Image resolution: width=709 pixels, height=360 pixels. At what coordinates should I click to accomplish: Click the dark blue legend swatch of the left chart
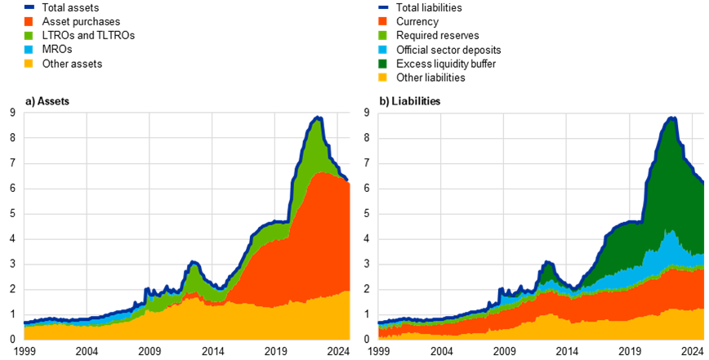tap(29, 7)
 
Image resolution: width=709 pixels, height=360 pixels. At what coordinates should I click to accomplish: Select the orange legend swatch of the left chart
tap(29, 21)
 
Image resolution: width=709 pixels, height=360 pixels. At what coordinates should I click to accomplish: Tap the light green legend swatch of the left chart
tap(29, 35)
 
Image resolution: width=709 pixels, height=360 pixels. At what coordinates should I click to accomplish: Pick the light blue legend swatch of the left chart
tap(29, 49)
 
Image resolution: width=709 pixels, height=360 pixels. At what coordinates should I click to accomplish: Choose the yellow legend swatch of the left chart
tap(29, 63)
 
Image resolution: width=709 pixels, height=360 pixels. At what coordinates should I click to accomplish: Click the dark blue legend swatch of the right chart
tap(383, 7)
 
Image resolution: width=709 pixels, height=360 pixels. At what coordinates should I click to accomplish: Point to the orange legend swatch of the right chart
tap(383, 21)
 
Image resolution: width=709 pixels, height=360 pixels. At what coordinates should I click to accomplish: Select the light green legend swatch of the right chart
tap(383, 35)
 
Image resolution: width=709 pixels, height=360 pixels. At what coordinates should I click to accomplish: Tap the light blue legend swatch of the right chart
tap(383, 49)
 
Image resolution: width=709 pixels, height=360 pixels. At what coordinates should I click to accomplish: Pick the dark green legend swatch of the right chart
tap(383, 63)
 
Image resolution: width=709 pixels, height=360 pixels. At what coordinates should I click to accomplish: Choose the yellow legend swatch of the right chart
tap(383, 77)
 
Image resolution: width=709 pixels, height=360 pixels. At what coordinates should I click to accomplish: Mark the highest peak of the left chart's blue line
tap(318, 119)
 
